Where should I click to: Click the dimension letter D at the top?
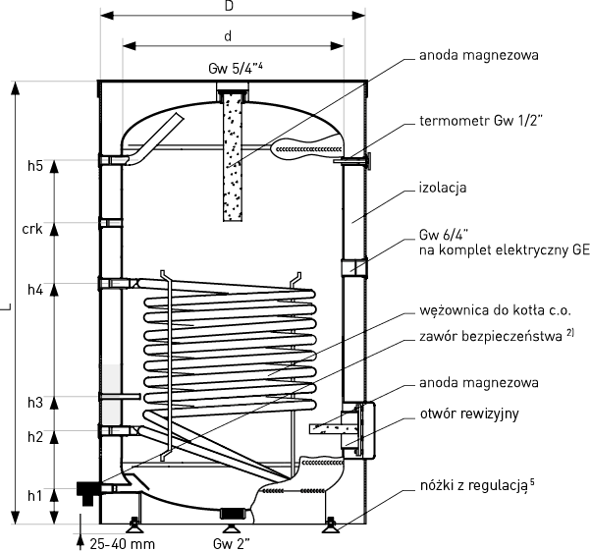coord(229,6)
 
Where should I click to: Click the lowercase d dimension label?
coord(228,36)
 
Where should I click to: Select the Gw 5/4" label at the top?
coord(236,69)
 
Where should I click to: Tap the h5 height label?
coord(35,166)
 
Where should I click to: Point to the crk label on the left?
coord(32,229)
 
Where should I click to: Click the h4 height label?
coord(35,290)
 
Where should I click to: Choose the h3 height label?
coord(35,403)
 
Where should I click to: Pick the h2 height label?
coord(35,437)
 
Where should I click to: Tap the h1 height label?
coord(35,496)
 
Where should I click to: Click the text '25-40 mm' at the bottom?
coord(123,544)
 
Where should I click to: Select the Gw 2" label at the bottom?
coord(232,544)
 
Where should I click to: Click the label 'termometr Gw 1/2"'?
coord(481,121)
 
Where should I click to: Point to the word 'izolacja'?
coord(443,188)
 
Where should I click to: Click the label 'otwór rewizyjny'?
coord(469,414)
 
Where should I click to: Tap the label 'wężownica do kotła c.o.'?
coord(496,310)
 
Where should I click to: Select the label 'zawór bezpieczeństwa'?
coord(491,336)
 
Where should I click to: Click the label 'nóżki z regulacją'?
coord(474,486)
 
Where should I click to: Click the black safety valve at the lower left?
coord(87,492)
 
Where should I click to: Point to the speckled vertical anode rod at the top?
coord(233,157)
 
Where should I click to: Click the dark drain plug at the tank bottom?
coord(234,513)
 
